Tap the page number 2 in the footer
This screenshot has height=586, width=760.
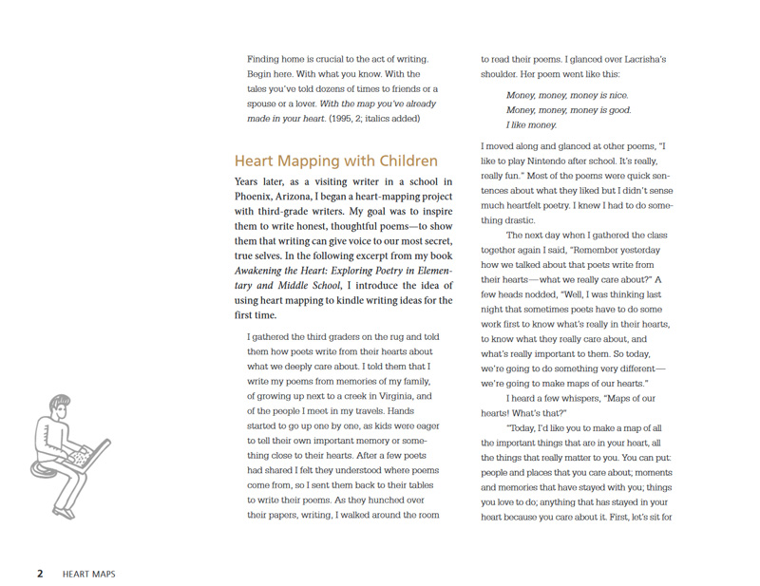point(40,574)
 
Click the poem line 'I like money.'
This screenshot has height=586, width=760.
point(531,125)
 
